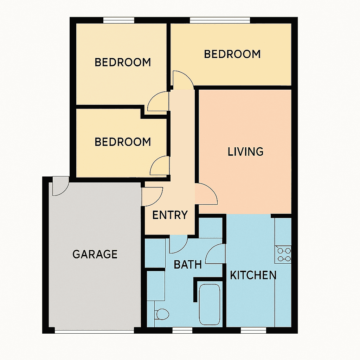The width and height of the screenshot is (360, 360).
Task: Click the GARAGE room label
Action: point(95,254)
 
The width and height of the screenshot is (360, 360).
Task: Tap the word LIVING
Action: point(245,152)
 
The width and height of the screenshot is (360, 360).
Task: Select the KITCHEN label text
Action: point(253,275)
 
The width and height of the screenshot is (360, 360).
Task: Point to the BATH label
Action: point(188,265)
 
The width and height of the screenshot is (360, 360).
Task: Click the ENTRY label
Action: point(170,215)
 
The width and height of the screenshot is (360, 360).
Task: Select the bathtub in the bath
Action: point(210,304)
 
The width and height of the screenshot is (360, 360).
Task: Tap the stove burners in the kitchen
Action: point(283,255)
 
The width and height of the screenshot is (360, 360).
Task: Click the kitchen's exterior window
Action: point(253,330)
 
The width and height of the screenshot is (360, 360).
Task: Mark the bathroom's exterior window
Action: point(182,330)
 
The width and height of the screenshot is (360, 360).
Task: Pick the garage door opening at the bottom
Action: point(94,330)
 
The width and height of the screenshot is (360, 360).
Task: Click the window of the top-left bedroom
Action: point(119,20)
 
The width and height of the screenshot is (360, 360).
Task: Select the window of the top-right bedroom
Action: point(220,20)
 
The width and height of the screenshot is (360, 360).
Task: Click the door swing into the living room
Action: point(206,194)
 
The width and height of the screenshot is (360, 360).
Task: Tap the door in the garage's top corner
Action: point(60,186)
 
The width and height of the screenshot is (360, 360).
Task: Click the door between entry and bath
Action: point(178,244)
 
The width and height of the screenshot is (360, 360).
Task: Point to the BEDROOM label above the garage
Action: point(123,142)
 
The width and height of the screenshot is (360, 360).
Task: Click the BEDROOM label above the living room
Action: point(232,54)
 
